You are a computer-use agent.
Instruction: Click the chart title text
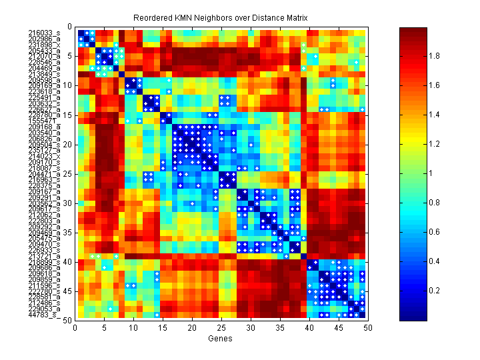point(221,17)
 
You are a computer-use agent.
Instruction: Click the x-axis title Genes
point(221,338)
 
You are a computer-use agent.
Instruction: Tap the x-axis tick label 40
point(309,328)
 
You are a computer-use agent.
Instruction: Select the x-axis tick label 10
point(133,328)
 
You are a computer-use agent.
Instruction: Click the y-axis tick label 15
point(69,115)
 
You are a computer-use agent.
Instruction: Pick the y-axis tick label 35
point(69,232)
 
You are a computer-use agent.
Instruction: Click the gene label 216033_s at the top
point(44,33)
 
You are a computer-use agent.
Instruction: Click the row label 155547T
point(44,121)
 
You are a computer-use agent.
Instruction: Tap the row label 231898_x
point(44,44)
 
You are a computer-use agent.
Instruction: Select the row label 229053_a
point(44,309)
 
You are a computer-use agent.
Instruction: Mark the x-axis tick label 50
point(367,328)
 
